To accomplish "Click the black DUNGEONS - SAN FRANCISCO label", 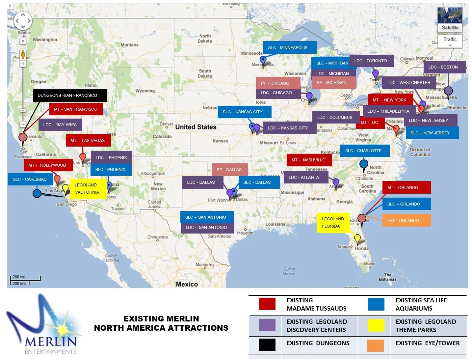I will [x=69, y=95].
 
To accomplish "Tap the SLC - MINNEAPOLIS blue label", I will [x=289, y=47].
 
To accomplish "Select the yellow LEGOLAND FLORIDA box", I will [x=333, y=223].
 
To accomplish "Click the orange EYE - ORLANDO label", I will [x=406, y=220].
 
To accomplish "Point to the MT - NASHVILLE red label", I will [x=309, y=160].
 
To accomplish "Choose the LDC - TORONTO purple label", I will [x=371, y=61].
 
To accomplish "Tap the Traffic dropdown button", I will [x=450, y=41].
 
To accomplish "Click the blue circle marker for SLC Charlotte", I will [x=364, y=164].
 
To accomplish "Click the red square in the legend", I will [x=267, y=304].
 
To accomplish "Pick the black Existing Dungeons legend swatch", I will [x=267, y=345].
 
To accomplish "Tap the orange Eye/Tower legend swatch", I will [x=376, y=345].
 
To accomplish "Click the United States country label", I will [x=196, y=127].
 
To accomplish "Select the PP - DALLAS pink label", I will [x=229, y=170].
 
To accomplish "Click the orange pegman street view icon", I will [x=23, y=54].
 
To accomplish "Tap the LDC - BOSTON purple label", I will [x=444, y=67].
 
